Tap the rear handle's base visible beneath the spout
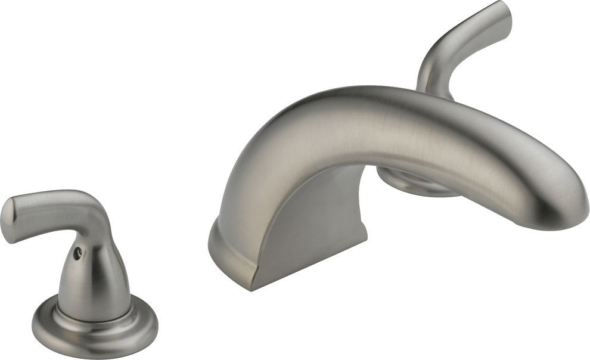tap(411, 181)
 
